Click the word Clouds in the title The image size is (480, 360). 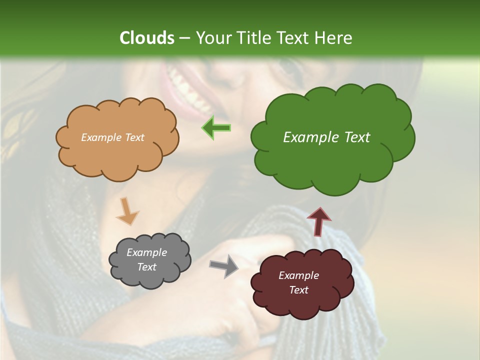(146, 38)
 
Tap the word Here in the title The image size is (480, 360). (333, 38)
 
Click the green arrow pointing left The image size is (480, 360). (216, 127)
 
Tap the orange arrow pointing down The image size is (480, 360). (127, 211)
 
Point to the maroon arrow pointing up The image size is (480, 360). (318, 221)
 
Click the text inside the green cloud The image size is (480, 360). (326, 137)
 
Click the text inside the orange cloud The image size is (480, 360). (112, 137)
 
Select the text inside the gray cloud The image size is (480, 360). (146, 259)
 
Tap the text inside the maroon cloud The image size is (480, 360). (298, 282)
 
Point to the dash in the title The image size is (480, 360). (184, 38)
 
